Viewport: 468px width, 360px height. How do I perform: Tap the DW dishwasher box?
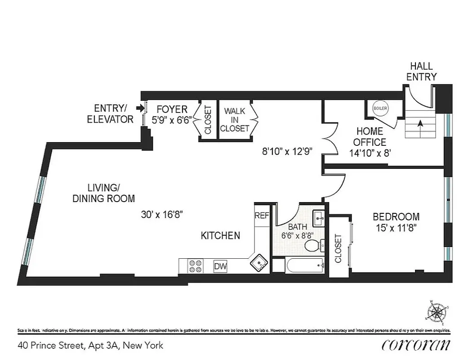tap(220, 266)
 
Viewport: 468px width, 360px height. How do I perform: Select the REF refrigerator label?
tap(262, 216)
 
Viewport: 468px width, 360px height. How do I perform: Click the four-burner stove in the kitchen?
tap(195, 266)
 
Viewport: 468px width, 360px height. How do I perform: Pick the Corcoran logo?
tap(416, 345)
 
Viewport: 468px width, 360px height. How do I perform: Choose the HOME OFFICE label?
tap(370, 137)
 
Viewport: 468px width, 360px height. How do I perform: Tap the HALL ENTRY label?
tap(421, 72)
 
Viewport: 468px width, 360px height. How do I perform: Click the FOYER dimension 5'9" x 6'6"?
tap(171, 120)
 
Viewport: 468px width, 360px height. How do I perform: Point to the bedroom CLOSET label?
tap(338, 248)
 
